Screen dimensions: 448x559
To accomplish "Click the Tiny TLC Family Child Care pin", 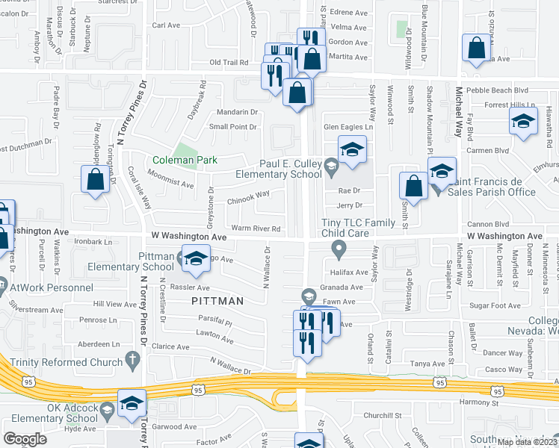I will point(339,247).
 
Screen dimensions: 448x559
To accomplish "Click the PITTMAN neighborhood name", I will point(217,301).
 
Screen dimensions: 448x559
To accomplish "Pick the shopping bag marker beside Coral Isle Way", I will point(95,181).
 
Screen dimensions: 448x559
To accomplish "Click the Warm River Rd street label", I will point(256,228).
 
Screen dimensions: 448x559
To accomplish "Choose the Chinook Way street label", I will point(249,194).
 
